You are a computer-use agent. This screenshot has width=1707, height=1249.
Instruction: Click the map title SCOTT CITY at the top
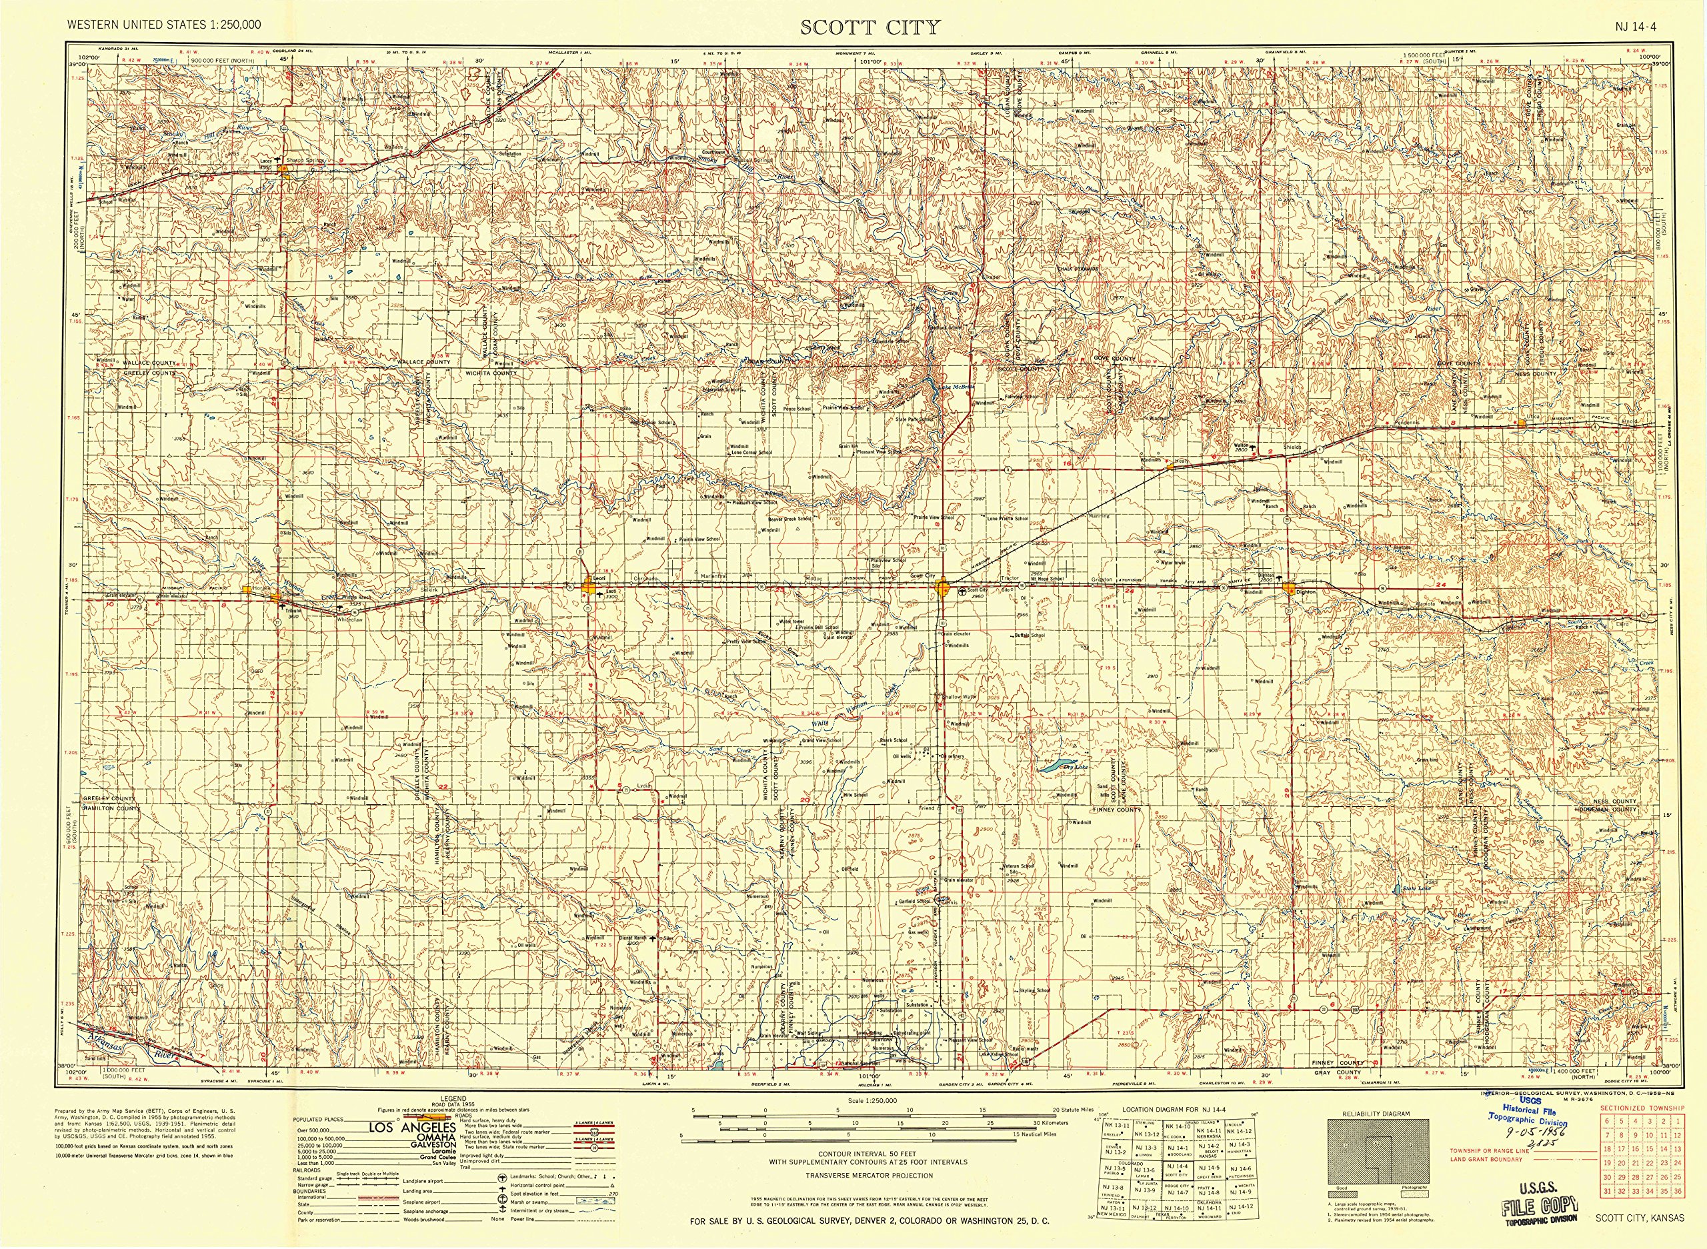pyautogui.click(x=870, y=27)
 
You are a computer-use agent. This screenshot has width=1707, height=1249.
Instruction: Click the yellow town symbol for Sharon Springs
pyautogui.click(x=283, y=169)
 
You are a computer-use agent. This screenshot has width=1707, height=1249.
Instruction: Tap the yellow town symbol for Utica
pyautogui.click(x=1521, y=423)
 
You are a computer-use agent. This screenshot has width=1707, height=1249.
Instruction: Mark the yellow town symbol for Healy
pyautogui.click(x=1170, y=467)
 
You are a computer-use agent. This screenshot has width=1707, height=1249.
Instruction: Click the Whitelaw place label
pyautogui.click(x=350, y=619)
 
